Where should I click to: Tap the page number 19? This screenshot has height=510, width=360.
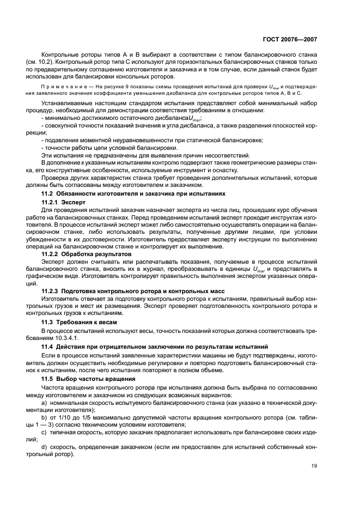tap(314, 465)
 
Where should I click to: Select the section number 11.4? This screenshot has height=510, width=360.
tap(50, 347)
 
